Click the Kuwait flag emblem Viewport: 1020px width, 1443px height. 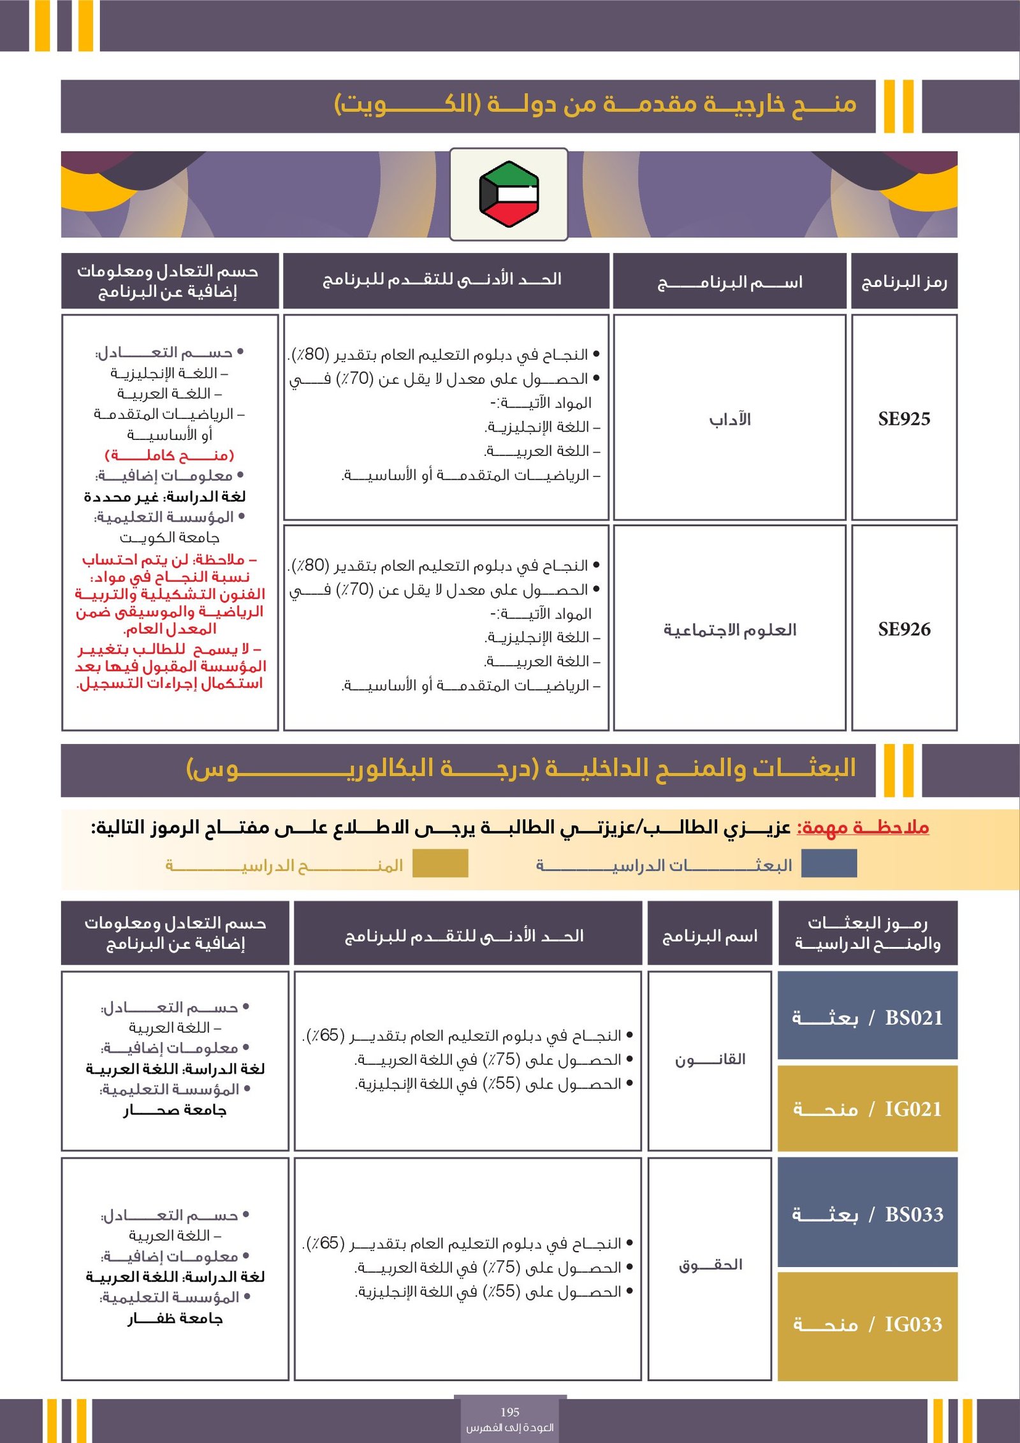tap(509, 194)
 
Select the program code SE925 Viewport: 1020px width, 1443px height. tap(904, 419)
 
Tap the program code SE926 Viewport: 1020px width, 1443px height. tap(904, 629)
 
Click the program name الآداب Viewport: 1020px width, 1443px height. tap(730, 420)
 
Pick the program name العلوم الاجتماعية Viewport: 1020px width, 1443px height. tap(730, 630)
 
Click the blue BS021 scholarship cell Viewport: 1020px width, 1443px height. tap(868, 1018)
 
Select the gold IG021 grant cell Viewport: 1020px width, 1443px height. tap(868, 1110)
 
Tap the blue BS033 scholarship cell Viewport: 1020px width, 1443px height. tap(868, 1215)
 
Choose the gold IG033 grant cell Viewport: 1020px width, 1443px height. tap(868, 1325)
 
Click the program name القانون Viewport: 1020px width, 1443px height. tap(710, 1060)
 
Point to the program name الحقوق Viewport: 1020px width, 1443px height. tap(710, 1265)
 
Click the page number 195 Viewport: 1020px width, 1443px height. tap(510, 1412)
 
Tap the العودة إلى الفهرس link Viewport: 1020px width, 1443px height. tap(510, 1427)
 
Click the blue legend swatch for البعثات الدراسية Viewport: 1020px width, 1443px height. tap(829, 863)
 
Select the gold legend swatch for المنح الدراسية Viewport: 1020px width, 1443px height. tap(440, 863)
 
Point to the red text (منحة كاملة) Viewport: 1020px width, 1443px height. tap(170, 455)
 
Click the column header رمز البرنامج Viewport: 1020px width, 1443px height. tap(904, 282)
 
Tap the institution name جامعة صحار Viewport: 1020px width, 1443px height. tap(175, 1110)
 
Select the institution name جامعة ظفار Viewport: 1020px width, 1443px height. tap(175, 1319)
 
